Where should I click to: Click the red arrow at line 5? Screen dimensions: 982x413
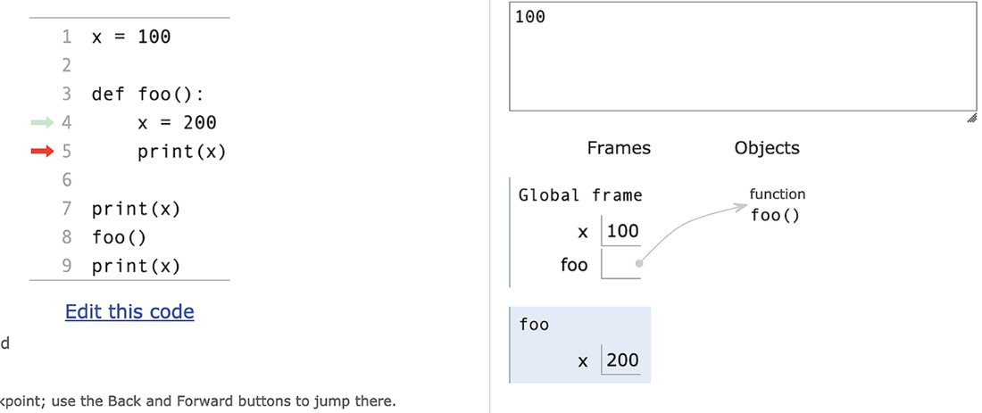[x=43, y=151]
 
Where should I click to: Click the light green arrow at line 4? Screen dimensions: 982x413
[x=43, y=122]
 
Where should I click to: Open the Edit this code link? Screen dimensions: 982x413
[x=129, y=311]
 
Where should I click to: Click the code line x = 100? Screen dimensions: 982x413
[x=131, y=37]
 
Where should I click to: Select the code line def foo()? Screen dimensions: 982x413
[x=148, y=95]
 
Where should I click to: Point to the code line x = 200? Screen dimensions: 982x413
[x=178, y=122]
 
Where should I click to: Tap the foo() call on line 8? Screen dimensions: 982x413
[x=119, y=238]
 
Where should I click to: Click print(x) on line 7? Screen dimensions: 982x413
[x=136, y=209]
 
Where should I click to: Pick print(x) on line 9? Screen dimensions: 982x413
[x=136, y=268]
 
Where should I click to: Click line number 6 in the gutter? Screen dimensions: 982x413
[x=67, y=180]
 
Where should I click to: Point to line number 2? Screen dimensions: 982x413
[x=67, y=65]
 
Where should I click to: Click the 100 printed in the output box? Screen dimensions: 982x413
[x=529, y=17]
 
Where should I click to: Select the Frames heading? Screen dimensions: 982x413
[x=619, y=148]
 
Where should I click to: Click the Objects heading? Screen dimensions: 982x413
[x=767, y=148]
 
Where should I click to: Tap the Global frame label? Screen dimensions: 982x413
[x=580, y=195]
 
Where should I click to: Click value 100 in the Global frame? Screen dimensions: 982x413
[x=623, y=231]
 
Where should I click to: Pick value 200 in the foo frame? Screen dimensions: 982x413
[x=623, y=359]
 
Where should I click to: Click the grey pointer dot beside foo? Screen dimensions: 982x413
[x=639, y=263]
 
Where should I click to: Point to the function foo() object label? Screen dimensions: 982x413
[x=778, y=205]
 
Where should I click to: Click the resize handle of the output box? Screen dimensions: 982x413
[x=971, y=118]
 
